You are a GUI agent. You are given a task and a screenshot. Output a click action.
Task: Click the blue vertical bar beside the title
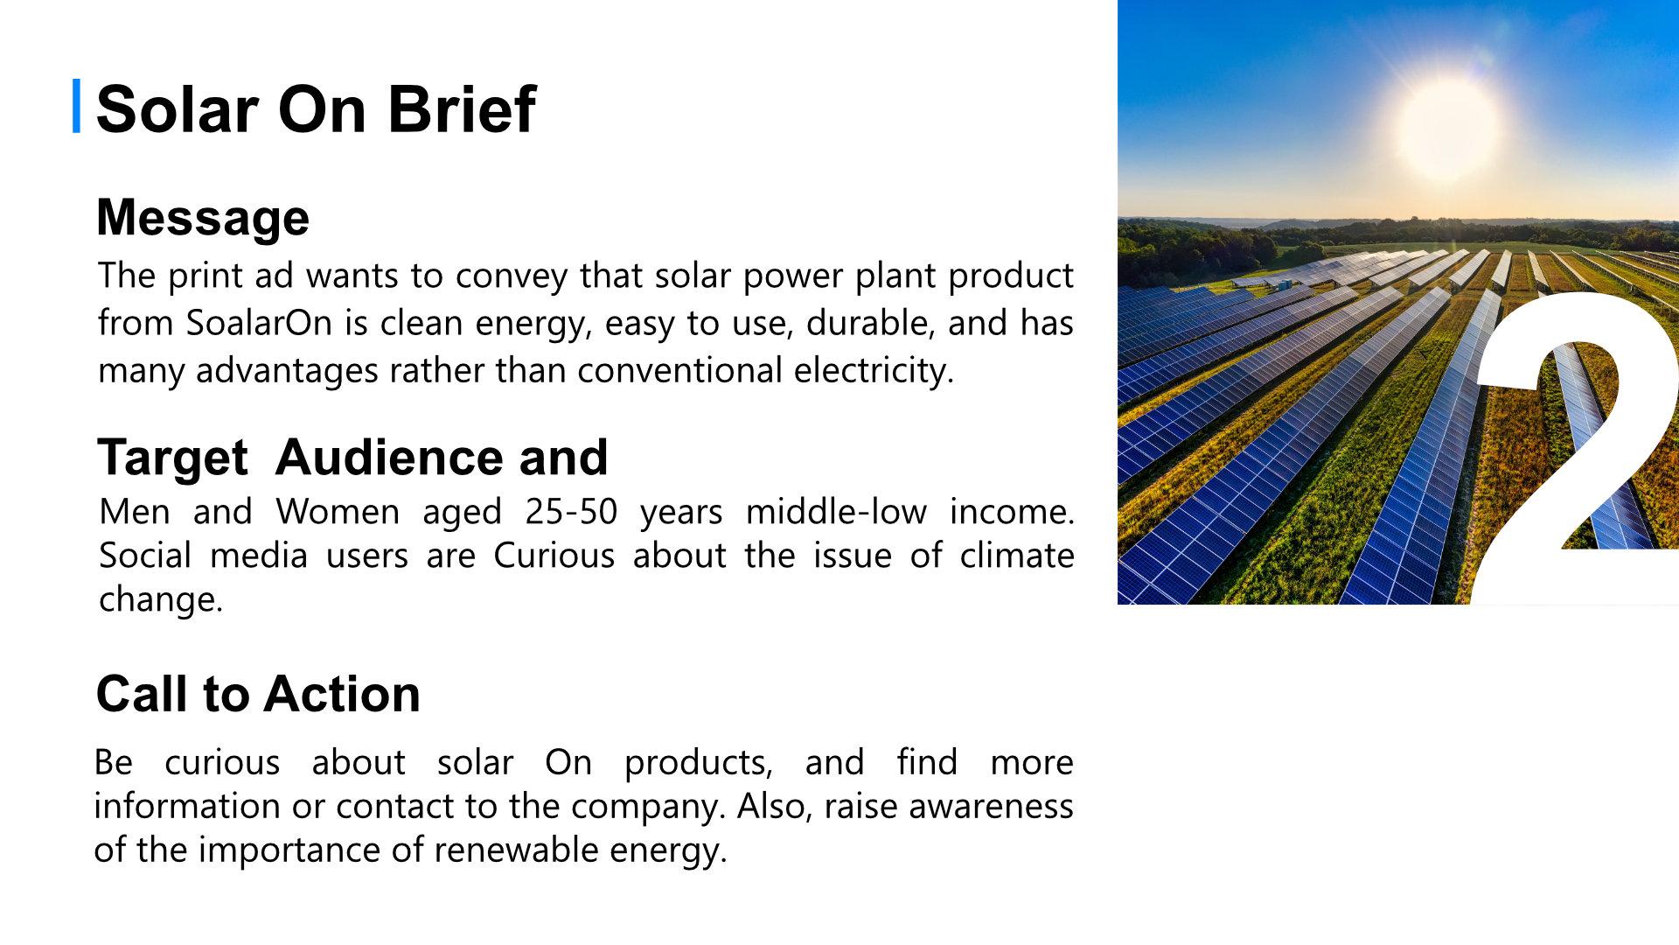pyautogui.click(x=76, y=106)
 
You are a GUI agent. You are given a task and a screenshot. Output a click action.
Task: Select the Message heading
pyautogui.click(x=203, y=218)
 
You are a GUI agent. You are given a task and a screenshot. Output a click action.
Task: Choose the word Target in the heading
pyautogui.click(x=173, y=458)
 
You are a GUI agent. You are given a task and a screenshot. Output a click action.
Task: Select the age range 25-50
pyautogui.click(x=571, y=512)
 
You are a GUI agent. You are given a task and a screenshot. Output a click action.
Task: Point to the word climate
pyautogui.click(x=1017, y=556)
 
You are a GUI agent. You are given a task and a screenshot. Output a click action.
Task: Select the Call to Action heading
pyautogui.click(x=258, y=694)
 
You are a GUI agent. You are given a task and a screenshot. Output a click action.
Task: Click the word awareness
pyautogui.click(x=991, y=807)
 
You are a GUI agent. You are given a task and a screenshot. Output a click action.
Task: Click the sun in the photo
pyautogui.click(x=1446, y=128)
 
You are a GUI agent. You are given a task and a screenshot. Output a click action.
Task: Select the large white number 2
pyautogui.click(x=1574, y=447)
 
